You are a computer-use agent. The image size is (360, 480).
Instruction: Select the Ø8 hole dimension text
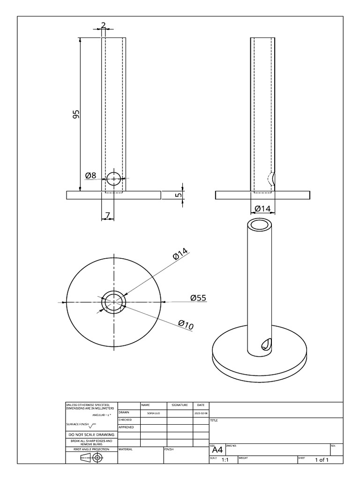tap(90, 176)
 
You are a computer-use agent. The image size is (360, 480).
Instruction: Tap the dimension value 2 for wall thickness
tap(104, 24)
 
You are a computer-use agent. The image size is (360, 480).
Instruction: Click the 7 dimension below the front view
tap(107, 215)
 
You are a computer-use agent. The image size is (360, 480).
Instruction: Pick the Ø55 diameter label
tap(198, 298)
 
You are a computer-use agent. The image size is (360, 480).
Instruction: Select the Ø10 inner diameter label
tap(186, 323)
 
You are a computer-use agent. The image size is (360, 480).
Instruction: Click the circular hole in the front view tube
tap(114, 179)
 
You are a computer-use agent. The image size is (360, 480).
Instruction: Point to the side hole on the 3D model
tap(265, 344)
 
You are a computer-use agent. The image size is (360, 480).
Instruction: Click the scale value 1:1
tap(225, 460)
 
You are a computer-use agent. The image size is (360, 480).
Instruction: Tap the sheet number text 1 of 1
tap(322, 460)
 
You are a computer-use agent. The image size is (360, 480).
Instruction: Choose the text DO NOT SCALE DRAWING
tap(91, 435)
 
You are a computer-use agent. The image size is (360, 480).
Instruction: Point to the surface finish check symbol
tap(91, 426)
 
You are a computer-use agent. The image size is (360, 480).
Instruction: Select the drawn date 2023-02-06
tap(201, 413)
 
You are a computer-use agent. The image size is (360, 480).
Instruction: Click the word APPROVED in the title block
tap(126, 427)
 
